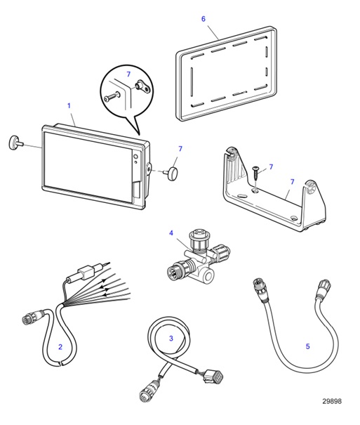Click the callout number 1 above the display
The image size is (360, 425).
pos(69,105)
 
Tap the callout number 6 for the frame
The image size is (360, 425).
pos(204,19)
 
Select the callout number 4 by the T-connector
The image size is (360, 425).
pos(171,233)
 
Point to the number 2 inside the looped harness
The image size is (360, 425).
pos(60,346)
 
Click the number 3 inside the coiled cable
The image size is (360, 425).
pos(171,339)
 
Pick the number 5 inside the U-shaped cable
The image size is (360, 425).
pos(308,346)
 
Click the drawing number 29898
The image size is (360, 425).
pos(332,401)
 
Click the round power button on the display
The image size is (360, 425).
pos(135,157)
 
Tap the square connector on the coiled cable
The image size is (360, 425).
pos(214,377)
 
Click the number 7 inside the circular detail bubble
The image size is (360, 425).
pos(128,74)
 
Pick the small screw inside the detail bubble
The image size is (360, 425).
pos(112,97)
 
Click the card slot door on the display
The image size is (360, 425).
pos(137,190)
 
